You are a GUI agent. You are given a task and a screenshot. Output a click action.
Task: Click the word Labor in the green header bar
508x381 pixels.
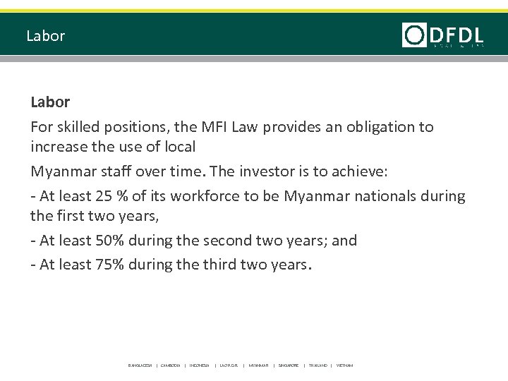[45, 35]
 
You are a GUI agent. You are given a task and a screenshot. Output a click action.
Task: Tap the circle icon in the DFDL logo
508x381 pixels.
[414, 35]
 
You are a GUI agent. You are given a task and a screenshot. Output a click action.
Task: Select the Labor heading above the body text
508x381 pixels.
[50, 102]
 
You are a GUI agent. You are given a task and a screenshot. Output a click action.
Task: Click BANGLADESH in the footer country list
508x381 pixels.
[140, 365]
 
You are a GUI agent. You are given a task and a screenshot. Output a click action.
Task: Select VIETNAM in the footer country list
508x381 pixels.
[344, 365]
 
